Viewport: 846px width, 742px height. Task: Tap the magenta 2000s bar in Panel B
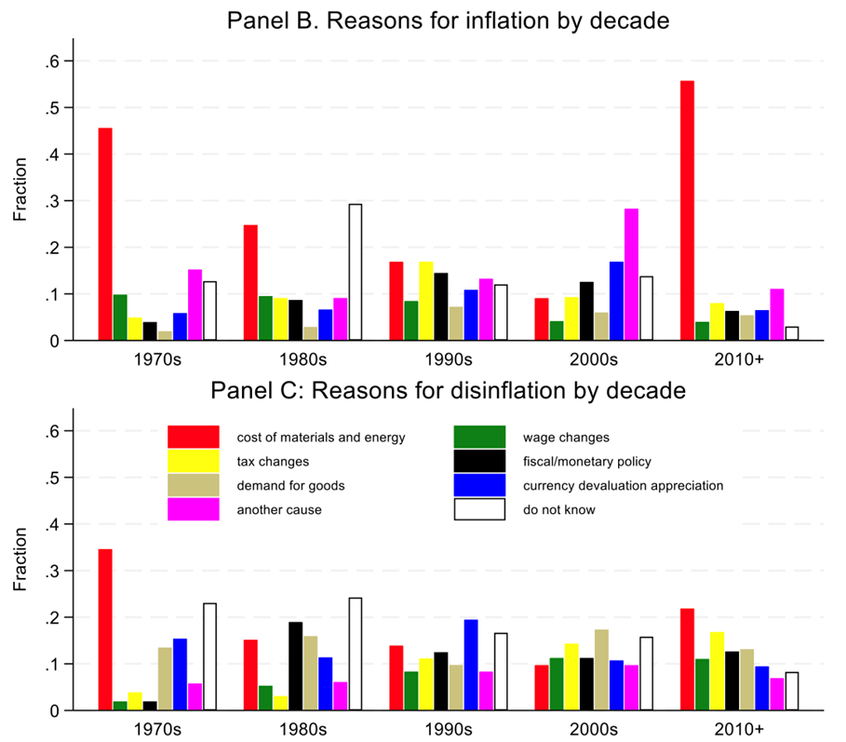[631, 275]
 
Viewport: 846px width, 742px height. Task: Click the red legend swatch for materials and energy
[193, 437]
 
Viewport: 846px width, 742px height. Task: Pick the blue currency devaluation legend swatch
[479, 485]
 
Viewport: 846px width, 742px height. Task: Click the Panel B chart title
[449, 20]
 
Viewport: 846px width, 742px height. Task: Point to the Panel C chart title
[449, 391]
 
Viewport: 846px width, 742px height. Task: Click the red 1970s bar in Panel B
[105, 234]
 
